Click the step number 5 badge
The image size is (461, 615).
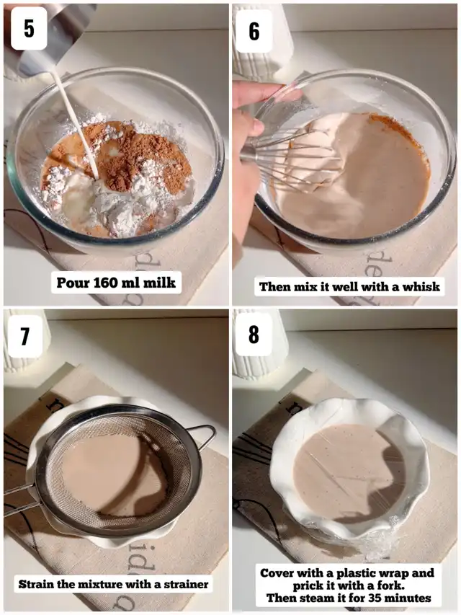pyautogui.click(x=29, y=28)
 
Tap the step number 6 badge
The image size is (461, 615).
pyautogui.click(x=254, y=32)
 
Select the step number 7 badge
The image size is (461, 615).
pyautogui.click(x=25, y=336)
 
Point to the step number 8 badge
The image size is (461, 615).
pyautogui.click(x=254, y=334)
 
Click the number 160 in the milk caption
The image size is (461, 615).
pyautogui.click(x=108, y=283)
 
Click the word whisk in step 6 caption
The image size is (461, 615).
pyautogui.click(x=422, y=286)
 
